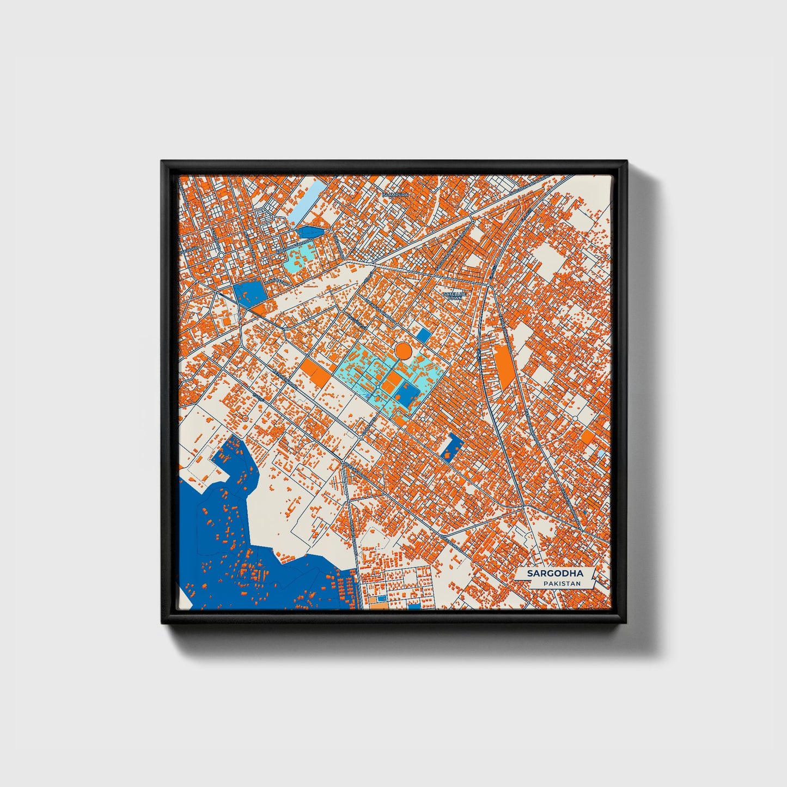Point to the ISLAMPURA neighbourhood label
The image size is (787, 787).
tap(395, 194)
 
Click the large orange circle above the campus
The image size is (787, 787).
tap(403, 350)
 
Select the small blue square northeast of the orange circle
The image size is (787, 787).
tap(423, 335)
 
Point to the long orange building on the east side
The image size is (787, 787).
tap(504, 367)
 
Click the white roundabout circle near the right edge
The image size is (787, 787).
tap(576, 418)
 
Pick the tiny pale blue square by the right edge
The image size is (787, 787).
tap(601, 453)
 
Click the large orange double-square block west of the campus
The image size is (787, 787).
tap(316, 373)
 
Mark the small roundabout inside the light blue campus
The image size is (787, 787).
tap(378, 386)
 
